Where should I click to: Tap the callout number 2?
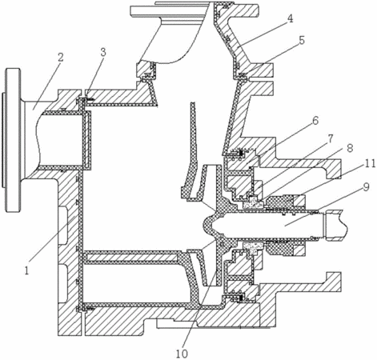[x=61, y=58]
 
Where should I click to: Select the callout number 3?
[x=103, y=53]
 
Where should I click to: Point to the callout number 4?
[x=290, y=19]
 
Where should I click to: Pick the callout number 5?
[x=302, y=40]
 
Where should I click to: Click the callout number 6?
[x=315, y=121]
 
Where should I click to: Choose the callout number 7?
[x=331, y=138]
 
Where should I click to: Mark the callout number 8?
[x=350, y=148]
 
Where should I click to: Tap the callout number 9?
[x=366, y=187]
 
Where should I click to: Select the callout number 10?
[x=182, y=354]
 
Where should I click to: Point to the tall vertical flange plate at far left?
[x=14, y=140]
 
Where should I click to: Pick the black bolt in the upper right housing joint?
[x=243, y=153]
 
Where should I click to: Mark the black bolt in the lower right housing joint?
[x=243, y=298]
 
